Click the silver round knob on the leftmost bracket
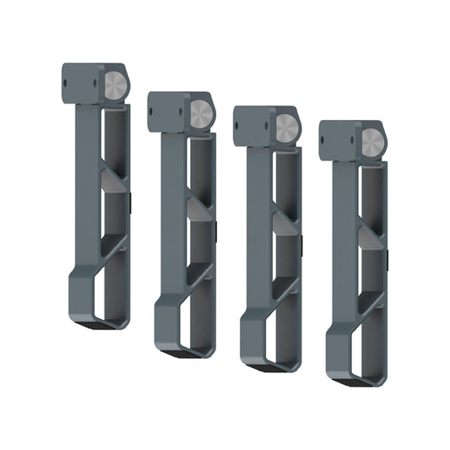117,84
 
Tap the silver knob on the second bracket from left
202,114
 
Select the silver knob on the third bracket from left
287,128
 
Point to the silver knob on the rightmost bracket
372,143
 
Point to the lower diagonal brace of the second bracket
197,274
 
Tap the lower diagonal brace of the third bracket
282,289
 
